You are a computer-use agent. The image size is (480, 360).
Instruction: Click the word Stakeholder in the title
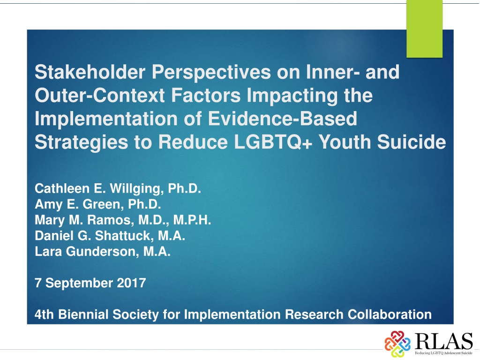(90, 72)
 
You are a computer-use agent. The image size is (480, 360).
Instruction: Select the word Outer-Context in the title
(100, 95)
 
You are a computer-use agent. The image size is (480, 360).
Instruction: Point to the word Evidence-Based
(283, 119)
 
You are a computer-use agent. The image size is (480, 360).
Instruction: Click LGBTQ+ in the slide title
(273, 142)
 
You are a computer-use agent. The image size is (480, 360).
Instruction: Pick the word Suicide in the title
(412, 142)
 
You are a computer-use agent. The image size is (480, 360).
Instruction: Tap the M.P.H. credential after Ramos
(192, 220)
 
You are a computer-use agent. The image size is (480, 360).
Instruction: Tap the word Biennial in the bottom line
(83, 315)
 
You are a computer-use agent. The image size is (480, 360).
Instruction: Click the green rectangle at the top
(424, 29)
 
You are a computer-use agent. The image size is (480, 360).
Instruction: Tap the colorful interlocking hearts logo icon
(397, 344)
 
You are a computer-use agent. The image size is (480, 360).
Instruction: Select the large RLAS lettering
(443, 341)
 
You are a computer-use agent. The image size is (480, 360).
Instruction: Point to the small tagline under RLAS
(443, 353)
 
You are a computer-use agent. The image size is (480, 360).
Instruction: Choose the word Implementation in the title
(106, 119)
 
